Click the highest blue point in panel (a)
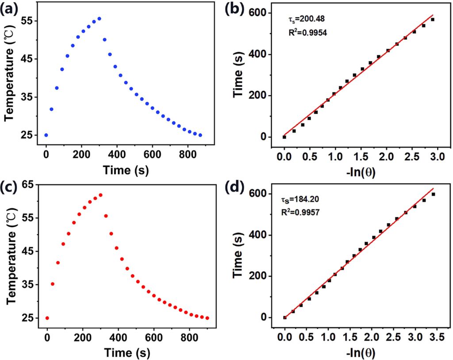(99, 19)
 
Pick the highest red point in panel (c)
(100, 195)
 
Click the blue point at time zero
(46, 135)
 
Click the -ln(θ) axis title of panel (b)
(361, 173)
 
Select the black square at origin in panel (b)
(284, 137)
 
